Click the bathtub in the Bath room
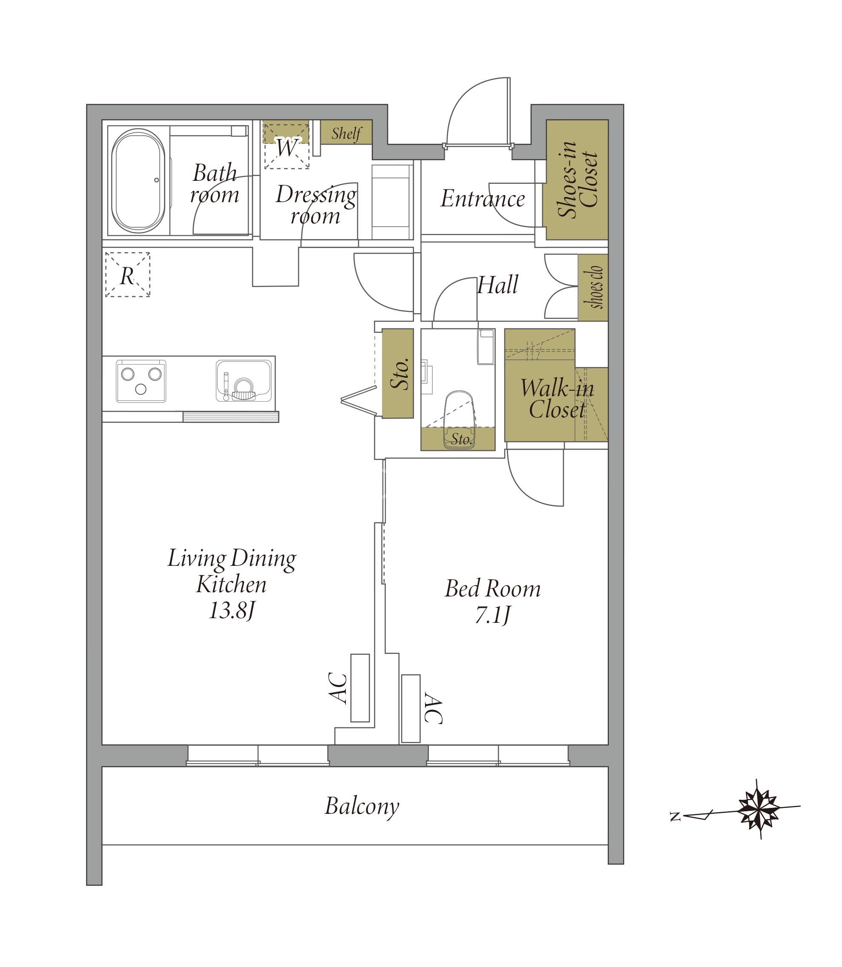[x=138, y=181]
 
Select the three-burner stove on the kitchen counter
[x=141, y=381]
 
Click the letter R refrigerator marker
[x=127, y=276]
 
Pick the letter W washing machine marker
[x=286, y=147]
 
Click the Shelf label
[x=346, y=133]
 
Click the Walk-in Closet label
[x=557, y=399]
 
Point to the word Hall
[x=497, y=285]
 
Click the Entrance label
[x=483, y=199]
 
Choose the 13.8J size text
[x=232, y=611]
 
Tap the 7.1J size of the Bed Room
[x=492, y=616]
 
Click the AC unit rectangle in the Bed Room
[x=411, y=709]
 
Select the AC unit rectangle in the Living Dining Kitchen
[x=360, y=688]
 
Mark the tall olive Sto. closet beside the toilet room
[x=397, y=373]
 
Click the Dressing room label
[x=316, y=205]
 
